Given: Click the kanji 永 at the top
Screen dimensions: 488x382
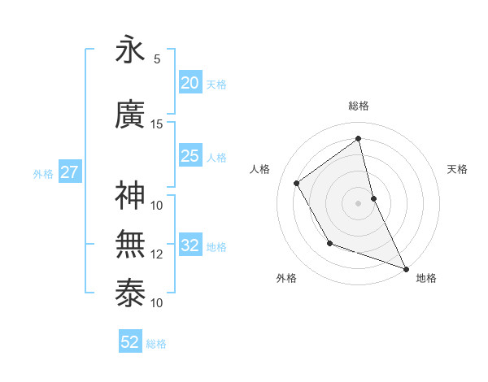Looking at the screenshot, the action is click(x=130, y=50).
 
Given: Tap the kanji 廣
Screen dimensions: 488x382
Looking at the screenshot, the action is click(x=130, y=115).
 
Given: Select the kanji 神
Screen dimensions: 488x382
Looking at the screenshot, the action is click(x=130, y=196).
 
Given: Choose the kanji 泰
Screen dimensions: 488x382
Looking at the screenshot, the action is click(x=130, y=293).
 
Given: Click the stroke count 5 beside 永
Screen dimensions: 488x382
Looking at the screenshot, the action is click(x=157, y=59).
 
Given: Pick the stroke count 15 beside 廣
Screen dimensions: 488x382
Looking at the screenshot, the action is click(x=157, y=124).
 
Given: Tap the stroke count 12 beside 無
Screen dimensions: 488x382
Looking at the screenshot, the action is click(x=157, y=254).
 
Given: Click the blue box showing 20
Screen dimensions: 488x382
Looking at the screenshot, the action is click(x=190, y=83).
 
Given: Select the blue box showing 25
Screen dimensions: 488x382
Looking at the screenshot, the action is click(x=190, y=156).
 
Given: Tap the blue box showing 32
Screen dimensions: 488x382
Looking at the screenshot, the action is click(x=190, y=245).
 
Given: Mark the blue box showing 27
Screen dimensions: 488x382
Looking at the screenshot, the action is click(x=69, y=172).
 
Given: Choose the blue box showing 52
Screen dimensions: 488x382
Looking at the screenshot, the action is click(x=129, y=342).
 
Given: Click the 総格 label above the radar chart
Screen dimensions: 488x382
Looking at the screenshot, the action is click(x=358, y=106).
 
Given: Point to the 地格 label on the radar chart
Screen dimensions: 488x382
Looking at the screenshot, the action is click(x=426, y=279).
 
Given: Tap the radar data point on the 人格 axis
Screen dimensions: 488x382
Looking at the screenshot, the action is click(x=297, y=184).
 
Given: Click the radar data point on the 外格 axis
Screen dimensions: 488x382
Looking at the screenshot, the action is click(x=329, y=243).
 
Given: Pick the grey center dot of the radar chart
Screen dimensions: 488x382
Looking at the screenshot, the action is click(x=358, y=202).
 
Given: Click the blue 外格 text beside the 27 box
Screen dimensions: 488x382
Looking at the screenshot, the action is click(x=43, y=173).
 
